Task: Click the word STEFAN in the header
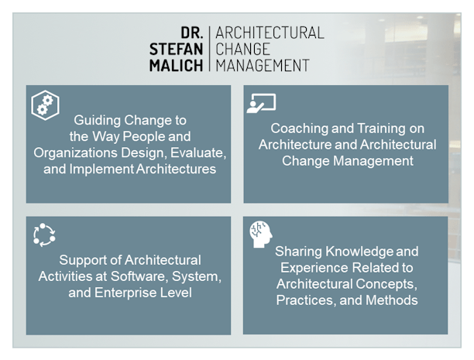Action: point(176,50)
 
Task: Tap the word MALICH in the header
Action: point(176,66)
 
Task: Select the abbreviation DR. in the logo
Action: point(191,33)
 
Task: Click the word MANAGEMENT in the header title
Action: point(263,66)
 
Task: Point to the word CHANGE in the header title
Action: point(242,50)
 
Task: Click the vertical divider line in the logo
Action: point(209,49)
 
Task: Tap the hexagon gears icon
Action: point(46,105)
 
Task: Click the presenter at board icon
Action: point(261,104)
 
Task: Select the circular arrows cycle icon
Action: point(44,235)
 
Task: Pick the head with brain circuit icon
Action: point(260,234)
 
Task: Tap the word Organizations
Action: point(76,153)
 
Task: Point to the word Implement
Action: point(101,170)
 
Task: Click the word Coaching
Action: point(299,129)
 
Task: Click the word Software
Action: point(139,276)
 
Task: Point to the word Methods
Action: point(391,300)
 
